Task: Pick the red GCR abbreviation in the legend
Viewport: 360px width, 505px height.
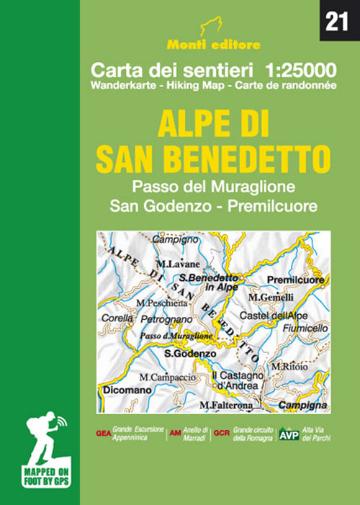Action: tap(220, 434)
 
